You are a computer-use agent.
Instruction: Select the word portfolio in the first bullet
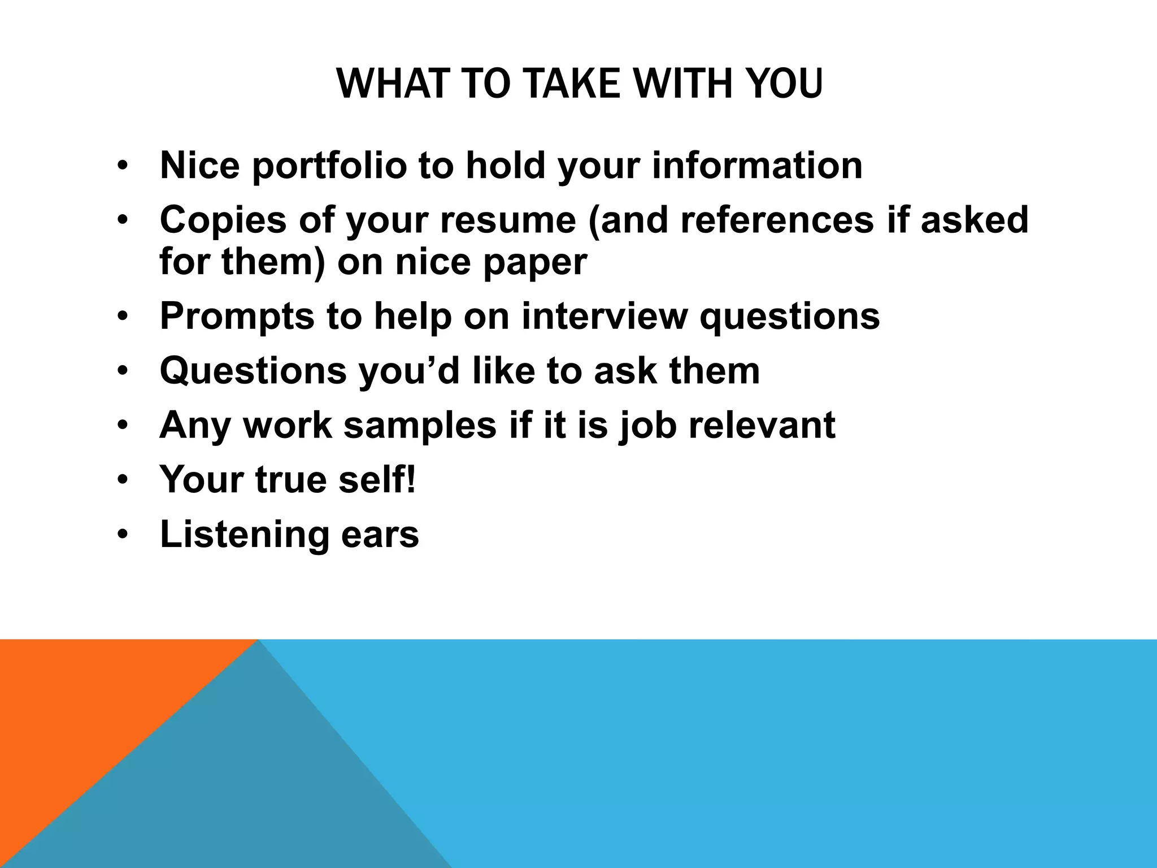pos(329,166)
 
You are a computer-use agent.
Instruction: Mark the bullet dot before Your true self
pos(123,480)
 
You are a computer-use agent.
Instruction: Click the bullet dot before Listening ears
pos(123,535)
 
